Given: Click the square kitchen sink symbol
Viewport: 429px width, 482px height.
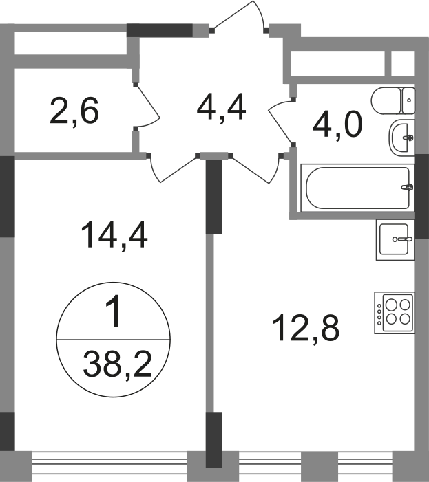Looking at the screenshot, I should [397, 243].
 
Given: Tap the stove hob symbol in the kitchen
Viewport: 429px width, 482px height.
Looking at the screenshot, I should [391, 313].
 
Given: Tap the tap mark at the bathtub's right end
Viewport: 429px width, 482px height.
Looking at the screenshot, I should [406, 186].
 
